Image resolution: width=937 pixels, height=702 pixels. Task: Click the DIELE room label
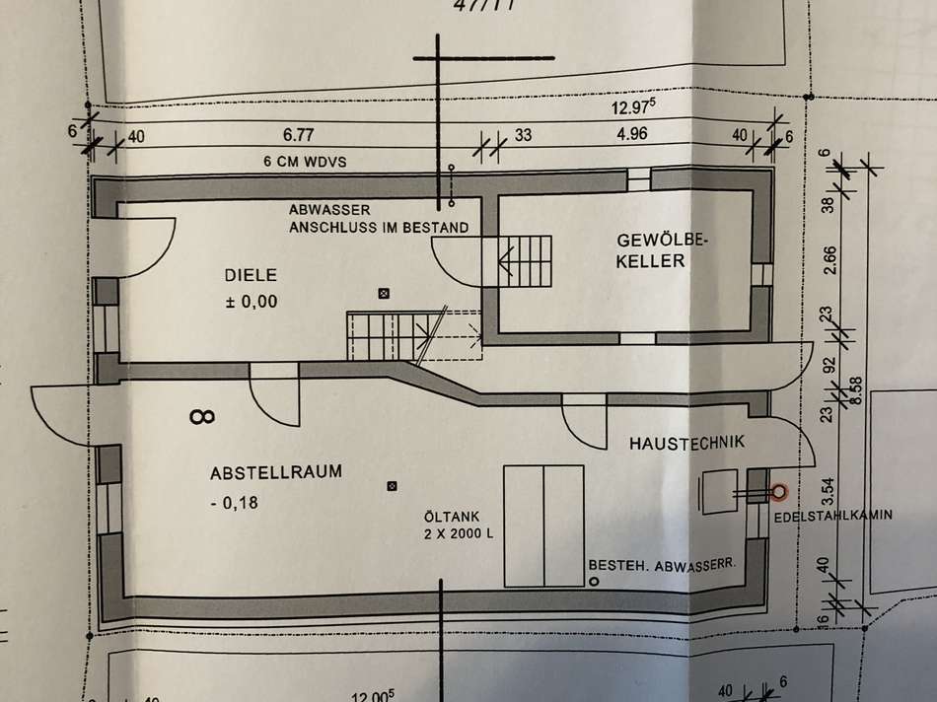(252, 276)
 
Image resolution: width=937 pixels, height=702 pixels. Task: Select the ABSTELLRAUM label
(276, 472)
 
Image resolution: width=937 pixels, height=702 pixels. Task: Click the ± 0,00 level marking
(252, 304)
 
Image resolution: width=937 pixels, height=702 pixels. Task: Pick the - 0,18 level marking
(234, 504)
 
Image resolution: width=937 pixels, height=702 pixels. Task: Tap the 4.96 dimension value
(631, 135)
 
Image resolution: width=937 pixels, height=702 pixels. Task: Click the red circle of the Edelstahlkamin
(779, 490)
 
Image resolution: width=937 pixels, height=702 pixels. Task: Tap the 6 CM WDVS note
(301, 161)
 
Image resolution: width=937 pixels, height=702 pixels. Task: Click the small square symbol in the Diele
(385, 293)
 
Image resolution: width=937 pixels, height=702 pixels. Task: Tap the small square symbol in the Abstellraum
(393, 485)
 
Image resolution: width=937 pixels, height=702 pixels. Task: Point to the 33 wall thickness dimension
(523, 136)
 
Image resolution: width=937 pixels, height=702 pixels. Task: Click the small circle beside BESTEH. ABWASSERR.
(595, 583)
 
